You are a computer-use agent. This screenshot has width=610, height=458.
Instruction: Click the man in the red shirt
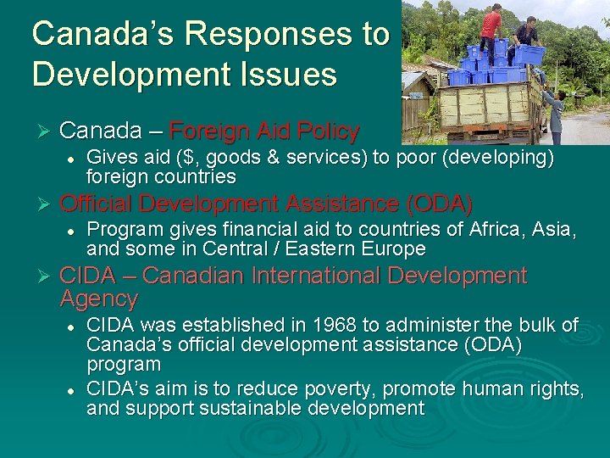(x=491, y=25)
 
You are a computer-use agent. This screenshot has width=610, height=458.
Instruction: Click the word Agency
(x=99, y=299)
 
